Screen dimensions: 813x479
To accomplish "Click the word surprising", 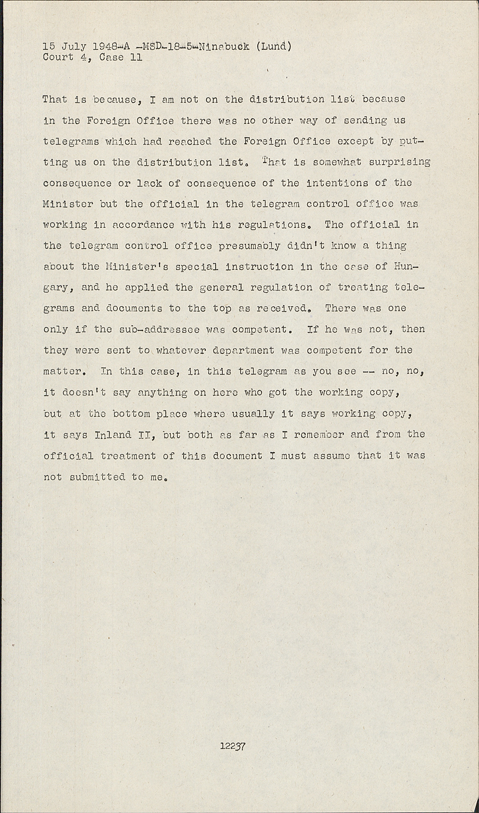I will click(x=399, y=162).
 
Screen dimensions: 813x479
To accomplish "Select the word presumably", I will click(x=250, y=246).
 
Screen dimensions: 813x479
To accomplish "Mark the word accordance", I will click(x=135, y=224).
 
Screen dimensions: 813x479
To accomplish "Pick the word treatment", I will click(x=128, y=455).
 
